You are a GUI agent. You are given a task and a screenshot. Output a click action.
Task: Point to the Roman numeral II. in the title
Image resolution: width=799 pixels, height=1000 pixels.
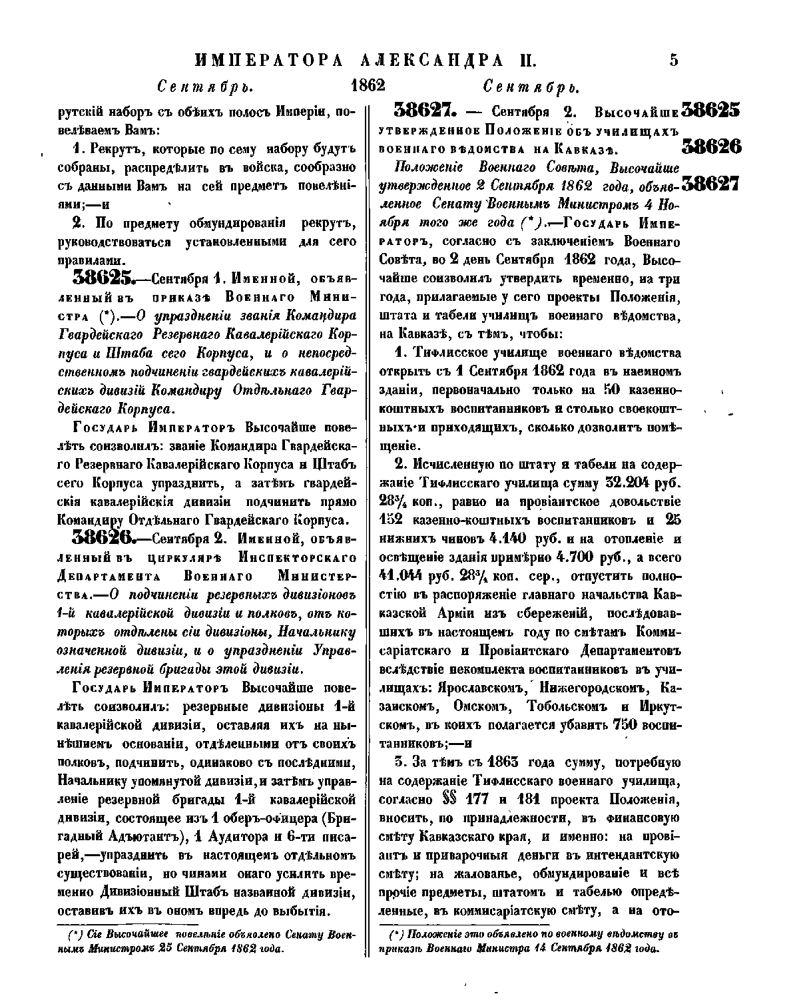(x=526, y=61)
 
